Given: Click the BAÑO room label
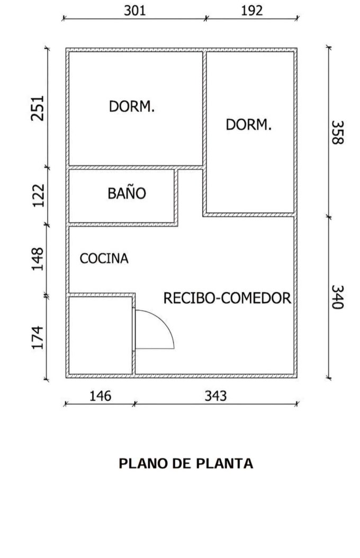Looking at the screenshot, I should click(x=127, y=194).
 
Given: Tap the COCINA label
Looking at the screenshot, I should click(x=104, y=259).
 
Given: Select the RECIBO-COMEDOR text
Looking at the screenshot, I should click(x=227, y=298).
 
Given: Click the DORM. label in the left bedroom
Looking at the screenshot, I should click(x=132, y=106).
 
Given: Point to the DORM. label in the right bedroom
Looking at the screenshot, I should click(x=248, y=125).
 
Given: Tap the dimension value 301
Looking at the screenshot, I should click(x=134, y=11).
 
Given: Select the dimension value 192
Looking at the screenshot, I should click(x=252, y=11).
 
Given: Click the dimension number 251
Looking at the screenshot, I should click(x=37, y=108).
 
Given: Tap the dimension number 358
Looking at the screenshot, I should click(x=337, y=132).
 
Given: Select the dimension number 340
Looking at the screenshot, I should click(x=337, y=298).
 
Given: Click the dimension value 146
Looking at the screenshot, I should click(x=100, y=396).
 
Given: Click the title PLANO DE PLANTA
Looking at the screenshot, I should click(x=185, y=464).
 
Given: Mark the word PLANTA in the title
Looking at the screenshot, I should click(x=224, y=464).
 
